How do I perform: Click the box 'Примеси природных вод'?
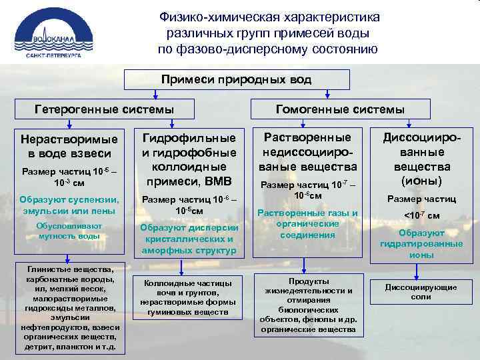coord(237,79)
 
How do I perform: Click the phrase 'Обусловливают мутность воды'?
coord(64,230)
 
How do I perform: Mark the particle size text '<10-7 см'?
coord(422,215)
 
